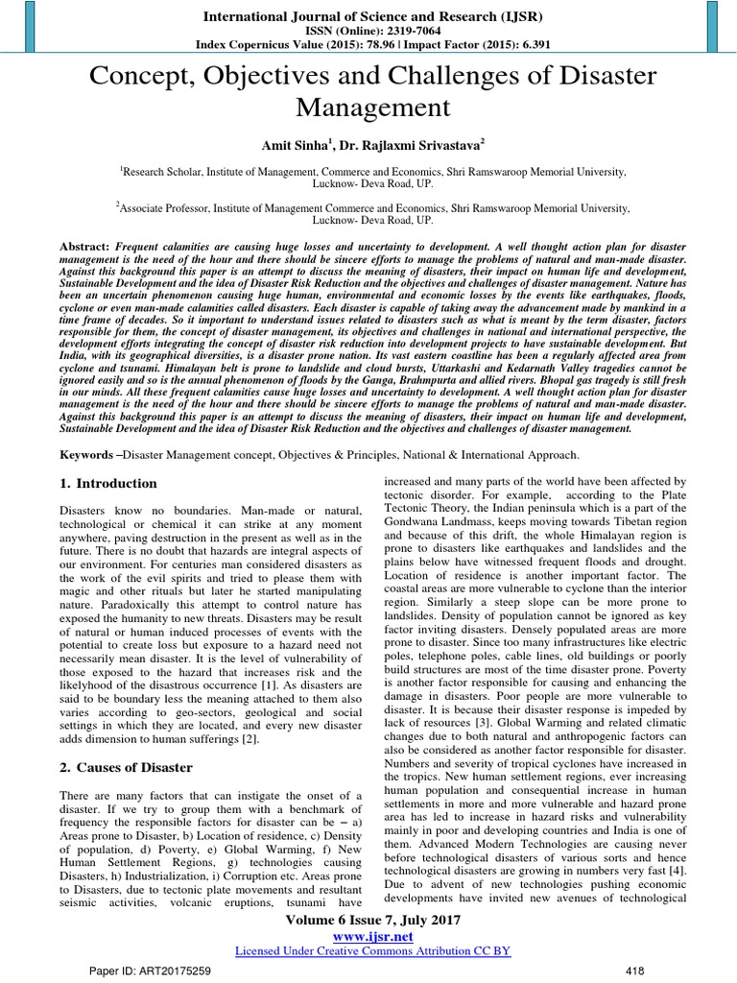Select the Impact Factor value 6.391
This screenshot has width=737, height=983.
click(x=520, y=44)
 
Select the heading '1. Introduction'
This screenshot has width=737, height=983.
click(x=107, y=483)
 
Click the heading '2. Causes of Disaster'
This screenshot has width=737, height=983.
click(x=126, y=767)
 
